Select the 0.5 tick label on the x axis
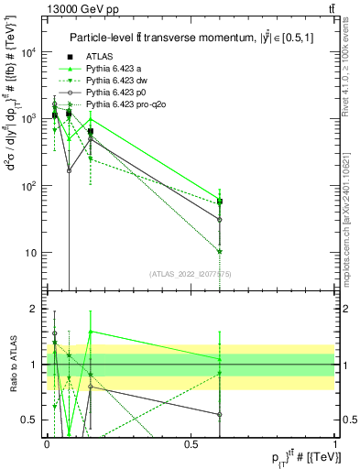191,443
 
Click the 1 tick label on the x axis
335,443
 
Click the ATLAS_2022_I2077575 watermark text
191,274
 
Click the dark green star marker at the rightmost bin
220,251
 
